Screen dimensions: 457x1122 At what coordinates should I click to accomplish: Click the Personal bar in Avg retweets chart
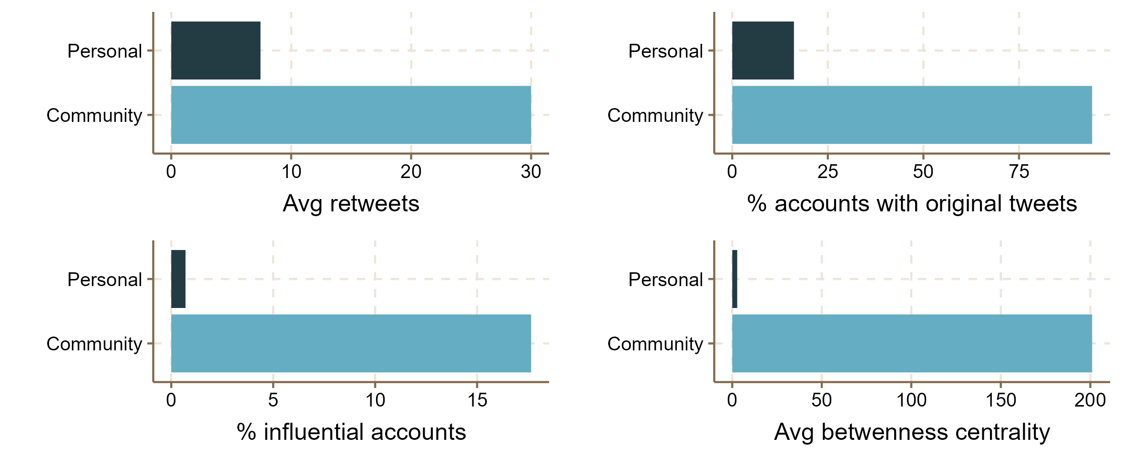215,50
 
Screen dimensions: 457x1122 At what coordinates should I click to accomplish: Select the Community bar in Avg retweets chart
351,115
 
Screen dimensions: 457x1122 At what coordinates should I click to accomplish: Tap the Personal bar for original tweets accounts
763,50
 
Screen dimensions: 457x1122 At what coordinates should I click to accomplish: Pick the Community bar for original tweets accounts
911,115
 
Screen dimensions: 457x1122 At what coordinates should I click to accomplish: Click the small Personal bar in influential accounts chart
178,279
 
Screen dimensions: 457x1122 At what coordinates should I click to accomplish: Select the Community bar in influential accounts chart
351,343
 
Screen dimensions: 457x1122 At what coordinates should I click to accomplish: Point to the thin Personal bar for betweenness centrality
734,279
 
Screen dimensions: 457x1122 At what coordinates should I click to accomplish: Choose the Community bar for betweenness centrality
911,343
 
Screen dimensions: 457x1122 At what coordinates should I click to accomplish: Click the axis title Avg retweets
351,204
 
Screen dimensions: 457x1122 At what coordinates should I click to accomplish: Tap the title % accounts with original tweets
911,204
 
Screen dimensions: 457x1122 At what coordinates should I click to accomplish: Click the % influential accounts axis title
351,432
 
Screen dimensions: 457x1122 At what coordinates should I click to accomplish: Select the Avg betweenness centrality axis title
911,432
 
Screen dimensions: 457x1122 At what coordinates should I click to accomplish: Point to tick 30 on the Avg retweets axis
531,172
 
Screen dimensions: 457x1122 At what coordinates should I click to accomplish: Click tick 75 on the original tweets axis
1019,172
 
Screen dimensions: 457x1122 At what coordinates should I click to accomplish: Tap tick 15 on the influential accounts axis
477,400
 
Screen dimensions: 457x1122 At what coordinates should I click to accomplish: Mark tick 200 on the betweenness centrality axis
1090,400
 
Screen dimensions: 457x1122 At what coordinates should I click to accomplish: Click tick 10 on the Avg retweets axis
291,172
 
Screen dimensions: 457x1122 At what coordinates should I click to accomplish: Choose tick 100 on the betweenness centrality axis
911,400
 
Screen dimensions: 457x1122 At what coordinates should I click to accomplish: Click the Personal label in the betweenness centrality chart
665,279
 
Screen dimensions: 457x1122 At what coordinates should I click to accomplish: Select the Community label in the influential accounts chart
94,344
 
